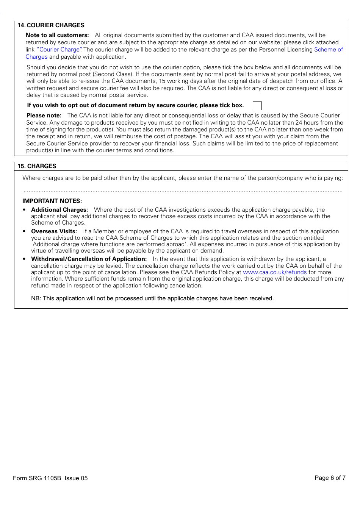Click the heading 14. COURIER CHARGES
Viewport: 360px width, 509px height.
pyautogui.click(x=51, y=25)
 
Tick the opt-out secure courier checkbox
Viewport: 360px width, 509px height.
pyautogui.click(x=257, y=106)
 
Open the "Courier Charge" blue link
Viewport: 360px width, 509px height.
pyautogui.click(x=59, y=50)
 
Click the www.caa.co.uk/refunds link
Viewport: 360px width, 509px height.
pyautogui.click(x=274, y=272)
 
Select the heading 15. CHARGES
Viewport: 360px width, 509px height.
pyautogui.click(x=37, y=166)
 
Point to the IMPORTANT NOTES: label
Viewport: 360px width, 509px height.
pyautogui.click(x=52, y=201)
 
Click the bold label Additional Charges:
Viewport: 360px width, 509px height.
pyautogui.click(x=59, y=210)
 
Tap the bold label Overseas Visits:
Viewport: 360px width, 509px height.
pyautogui.click(x=54, y=231)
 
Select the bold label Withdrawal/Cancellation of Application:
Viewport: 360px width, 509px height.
pyautogui.click(x=89, y=259)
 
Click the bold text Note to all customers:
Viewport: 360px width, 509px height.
pyautogui.click(x=57, y=35)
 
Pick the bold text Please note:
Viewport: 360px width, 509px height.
pyautogui.click(x=44, y=116)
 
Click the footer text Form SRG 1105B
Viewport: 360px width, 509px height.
pyautogui.click(x=37, y=478)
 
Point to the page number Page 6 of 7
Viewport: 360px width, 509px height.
pyautogui.click(x=330, y=478)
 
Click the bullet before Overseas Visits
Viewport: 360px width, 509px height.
pyautogui.click(x=24, y=231)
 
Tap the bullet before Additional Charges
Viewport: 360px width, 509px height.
pyautogui.click(x=24, y=210)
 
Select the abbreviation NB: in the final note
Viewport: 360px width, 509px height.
pyautogui.click(x=36, y=298)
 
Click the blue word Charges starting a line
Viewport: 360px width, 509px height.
pyautogui.click(x=36, y=57)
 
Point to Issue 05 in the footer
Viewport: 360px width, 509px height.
pyautogui.click(x=76, y=478)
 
